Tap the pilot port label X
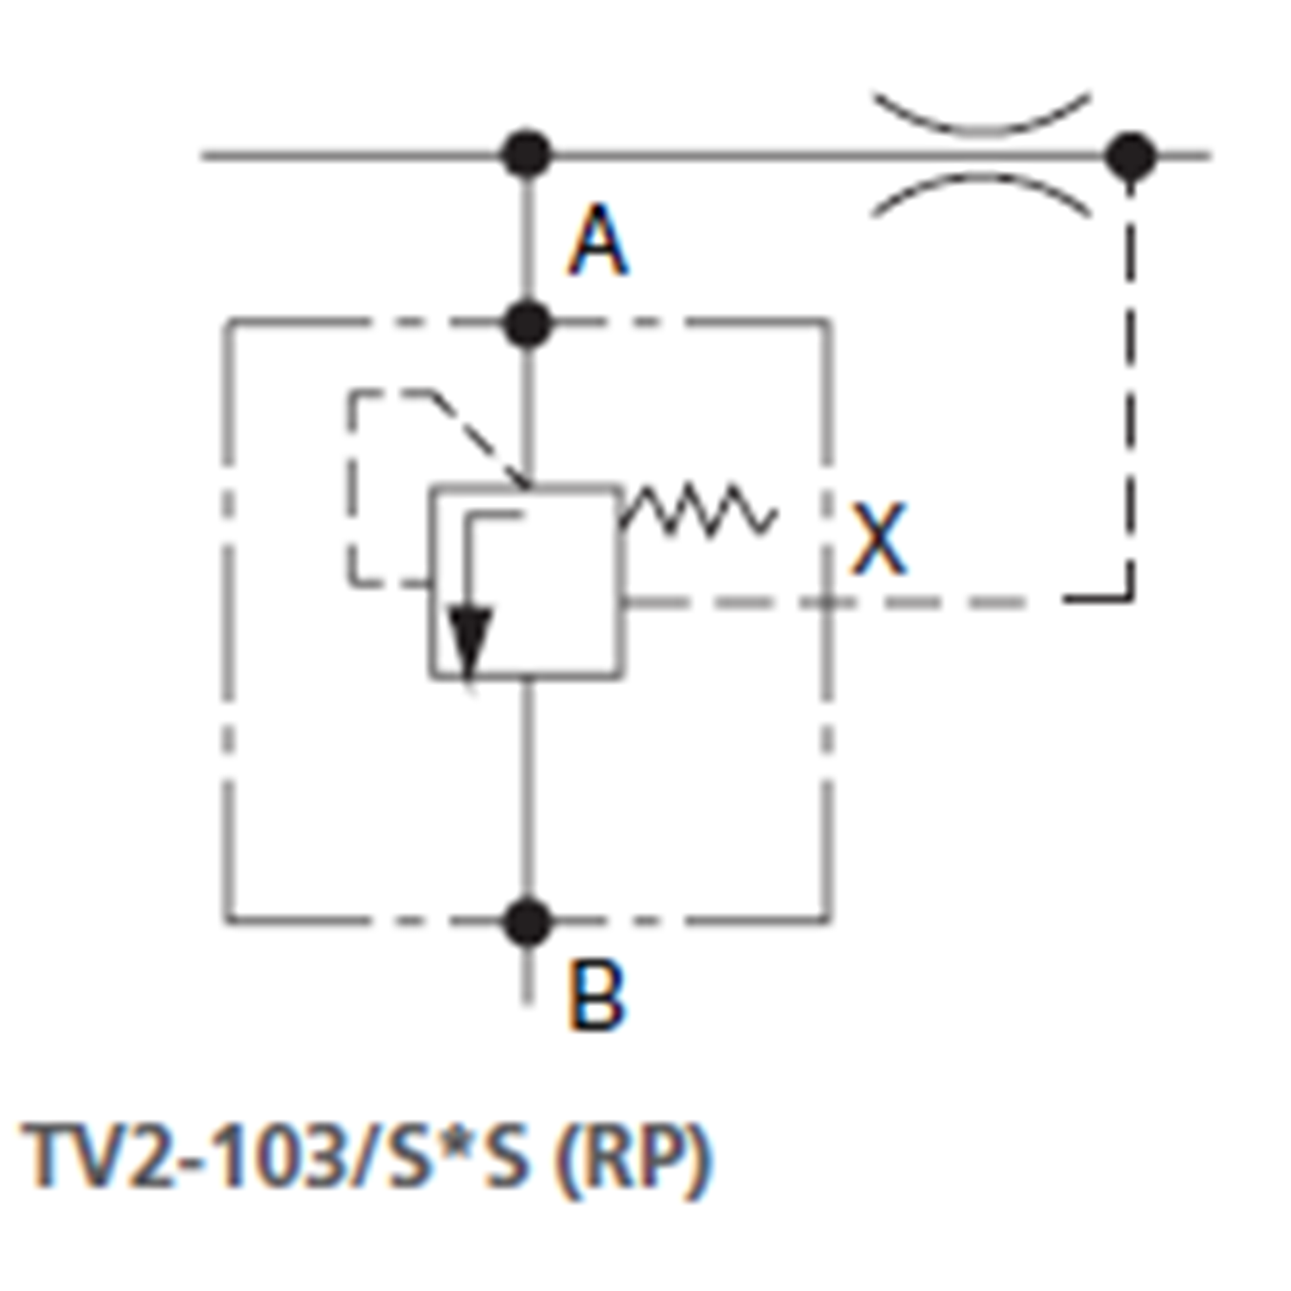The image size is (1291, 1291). pos(879,540)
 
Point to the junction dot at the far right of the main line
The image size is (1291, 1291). pos(1130,157)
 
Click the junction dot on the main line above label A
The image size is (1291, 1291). pos(527,156)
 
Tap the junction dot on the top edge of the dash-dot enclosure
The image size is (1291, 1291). pos(527,324)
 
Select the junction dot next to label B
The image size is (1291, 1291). pos(527,921)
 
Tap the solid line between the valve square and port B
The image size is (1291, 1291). pos(527,792)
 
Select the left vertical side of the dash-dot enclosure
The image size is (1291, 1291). pos(227,620)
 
